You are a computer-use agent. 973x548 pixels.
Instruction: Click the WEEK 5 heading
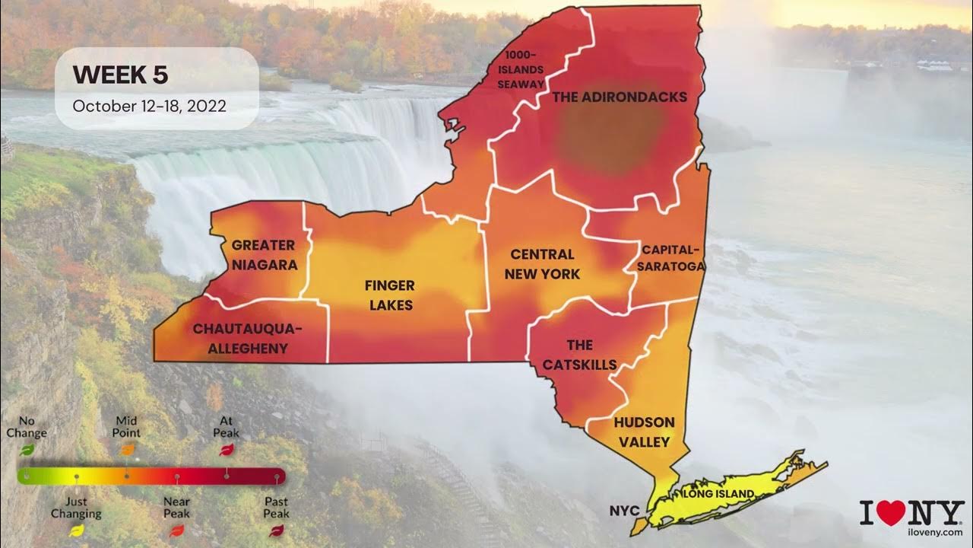(x=120, y=75)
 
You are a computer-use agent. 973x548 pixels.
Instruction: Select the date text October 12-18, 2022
(x=149, y=106)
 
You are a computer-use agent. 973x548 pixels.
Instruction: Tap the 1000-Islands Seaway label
(x=521, y=70)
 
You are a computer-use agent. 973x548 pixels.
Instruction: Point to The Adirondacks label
(x=620, y=97)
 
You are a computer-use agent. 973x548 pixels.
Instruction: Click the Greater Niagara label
(x=264, y=255)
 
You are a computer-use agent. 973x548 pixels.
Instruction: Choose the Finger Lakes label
(x=389, y=295)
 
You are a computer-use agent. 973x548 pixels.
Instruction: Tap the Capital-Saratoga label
(x=673, y=258)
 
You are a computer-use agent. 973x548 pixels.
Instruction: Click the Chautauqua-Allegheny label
(x=247, y=339)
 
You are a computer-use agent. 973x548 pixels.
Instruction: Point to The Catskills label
(x=579, y=355)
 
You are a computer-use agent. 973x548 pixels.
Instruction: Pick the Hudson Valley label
(x=644, y=432)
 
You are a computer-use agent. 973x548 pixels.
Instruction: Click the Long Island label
(x=720, y=494)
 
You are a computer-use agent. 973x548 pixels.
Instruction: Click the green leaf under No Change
(x=27, y=450)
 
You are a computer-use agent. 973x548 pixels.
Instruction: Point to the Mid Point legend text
(x=126, y=426)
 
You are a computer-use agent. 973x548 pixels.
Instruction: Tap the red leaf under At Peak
(x=226, y=451)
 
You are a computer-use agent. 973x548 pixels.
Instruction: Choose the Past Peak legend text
(x=276, y=507)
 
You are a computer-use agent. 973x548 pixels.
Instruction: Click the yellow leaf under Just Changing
(x=76, y=530)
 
